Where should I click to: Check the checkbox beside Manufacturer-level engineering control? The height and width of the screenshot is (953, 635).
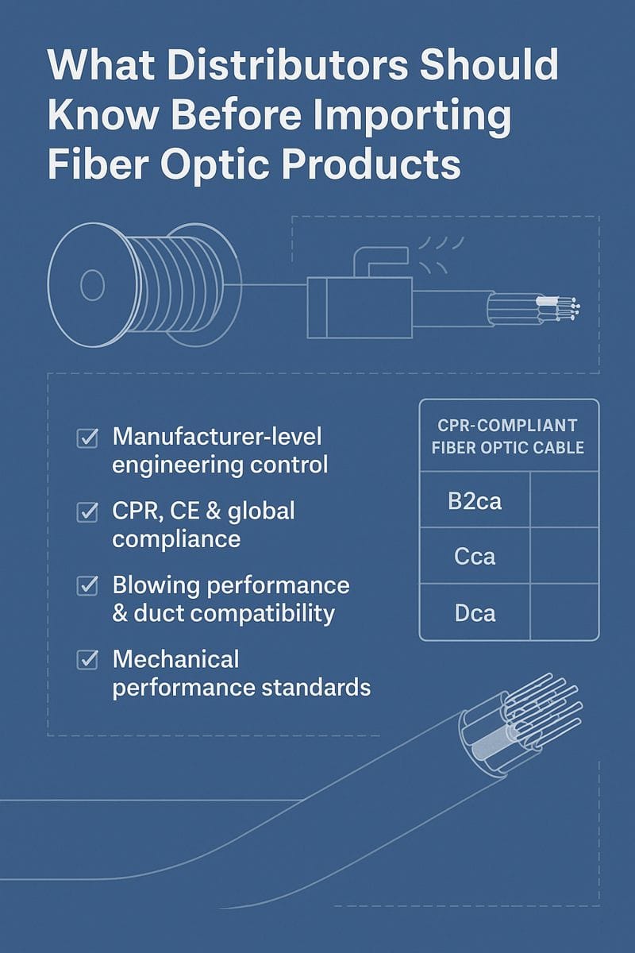coord(87,438)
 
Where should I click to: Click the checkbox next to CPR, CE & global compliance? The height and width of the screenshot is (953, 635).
coord(87,512)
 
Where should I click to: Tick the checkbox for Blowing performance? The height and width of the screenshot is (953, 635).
coord(87,586)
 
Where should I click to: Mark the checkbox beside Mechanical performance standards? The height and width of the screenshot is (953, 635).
coord(87,660)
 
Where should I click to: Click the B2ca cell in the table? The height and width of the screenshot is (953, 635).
coord(474,500)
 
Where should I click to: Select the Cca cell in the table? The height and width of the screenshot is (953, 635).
coord(474,556)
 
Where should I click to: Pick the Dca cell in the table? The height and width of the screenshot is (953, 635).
coord(474,612)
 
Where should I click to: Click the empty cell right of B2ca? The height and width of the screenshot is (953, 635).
coord(564,500)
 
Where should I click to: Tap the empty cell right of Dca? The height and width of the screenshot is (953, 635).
coord(564,612)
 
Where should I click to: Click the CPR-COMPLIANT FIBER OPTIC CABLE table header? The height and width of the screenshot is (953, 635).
coord(508,437)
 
